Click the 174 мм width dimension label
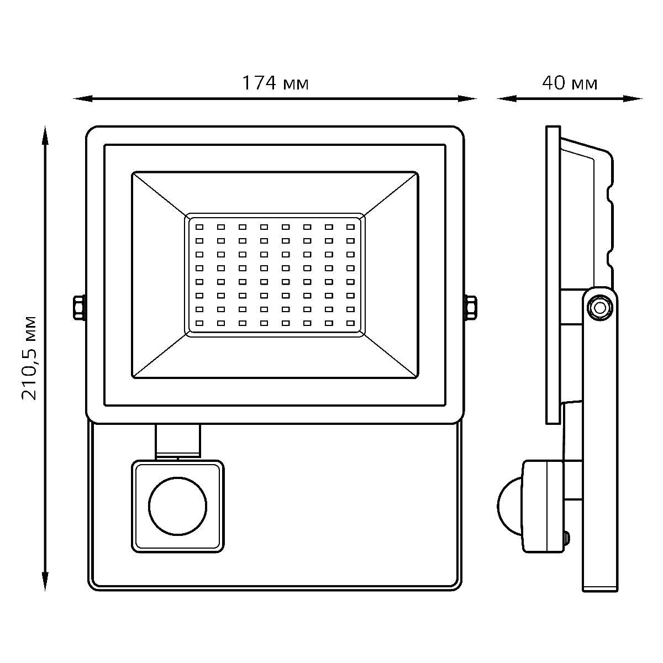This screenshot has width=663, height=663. (275, 83)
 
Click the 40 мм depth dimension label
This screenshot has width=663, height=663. (570, 83)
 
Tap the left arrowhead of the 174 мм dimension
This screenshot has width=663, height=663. (82, 99)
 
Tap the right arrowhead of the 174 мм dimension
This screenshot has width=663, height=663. (467, 99)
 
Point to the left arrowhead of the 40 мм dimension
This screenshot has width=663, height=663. (507, 99)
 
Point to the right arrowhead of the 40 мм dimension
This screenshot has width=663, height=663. (633, 99)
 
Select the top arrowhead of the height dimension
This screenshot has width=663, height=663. (45, 135)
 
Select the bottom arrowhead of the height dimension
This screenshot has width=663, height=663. (45, 581)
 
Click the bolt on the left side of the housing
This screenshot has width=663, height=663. (80, 308)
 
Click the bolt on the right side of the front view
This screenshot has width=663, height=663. (470, 308)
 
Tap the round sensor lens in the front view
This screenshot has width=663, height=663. (177, 506)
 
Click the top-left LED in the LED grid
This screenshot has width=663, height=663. (199, 227)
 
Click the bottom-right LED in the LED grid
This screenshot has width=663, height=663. (350, 323)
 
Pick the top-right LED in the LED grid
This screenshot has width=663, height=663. (350, 227)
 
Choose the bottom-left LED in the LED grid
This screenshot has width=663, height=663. (199, 323)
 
